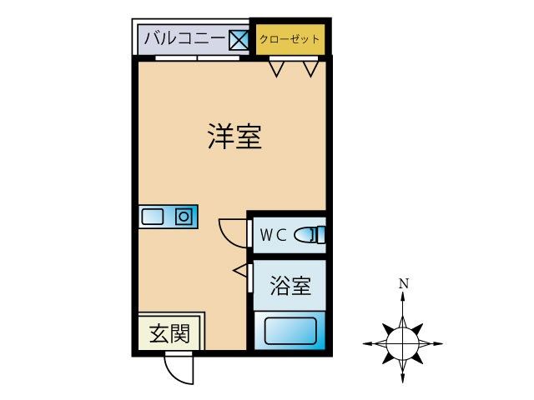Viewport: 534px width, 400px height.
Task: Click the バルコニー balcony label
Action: point(184,38)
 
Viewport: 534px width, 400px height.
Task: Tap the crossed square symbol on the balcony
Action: point(239,40)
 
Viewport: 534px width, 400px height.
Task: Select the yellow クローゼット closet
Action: point(290,39)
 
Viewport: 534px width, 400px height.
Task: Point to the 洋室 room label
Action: point(234,137)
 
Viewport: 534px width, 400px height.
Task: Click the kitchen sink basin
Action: point(152,217)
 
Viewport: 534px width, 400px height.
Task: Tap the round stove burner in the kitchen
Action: point(184,217)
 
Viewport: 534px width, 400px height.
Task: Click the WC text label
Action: point(273,235)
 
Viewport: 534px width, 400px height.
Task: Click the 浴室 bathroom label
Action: point(290,286)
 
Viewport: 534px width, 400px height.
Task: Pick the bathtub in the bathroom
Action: point(290,331)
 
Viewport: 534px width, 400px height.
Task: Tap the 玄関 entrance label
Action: point(169,333)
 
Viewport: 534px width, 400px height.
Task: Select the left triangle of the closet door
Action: point(276,69)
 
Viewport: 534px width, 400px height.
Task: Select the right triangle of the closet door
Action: point(310,69)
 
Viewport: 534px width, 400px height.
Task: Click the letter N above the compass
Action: point(404,283)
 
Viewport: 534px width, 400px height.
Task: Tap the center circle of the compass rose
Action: point(402,343)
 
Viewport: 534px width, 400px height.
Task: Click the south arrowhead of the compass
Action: point(403,377)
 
